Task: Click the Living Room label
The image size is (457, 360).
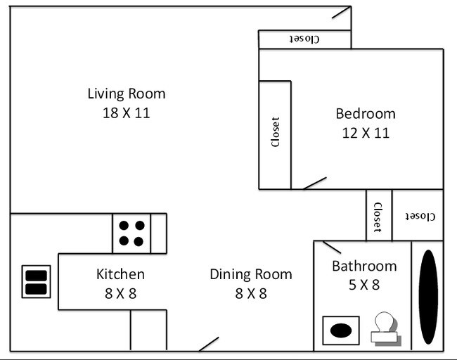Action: click(x=127, y=93)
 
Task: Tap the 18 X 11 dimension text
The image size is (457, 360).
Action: click(x=127, y=112)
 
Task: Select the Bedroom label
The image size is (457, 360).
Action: click(x=365, y=113)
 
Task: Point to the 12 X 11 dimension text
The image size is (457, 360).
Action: click(x=365, y=133)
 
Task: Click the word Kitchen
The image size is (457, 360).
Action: click(x=120, y=274)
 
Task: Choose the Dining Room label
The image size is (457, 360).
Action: click(x=250, y=274)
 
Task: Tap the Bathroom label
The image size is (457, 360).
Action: click(x=364, y=266)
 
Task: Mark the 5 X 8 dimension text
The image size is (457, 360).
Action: click(x=364, y=285)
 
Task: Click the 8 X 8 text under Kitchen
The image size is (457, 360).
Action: click(x=120, y=293)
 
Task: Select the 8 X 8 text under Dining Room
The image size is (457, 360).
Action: click(x=250, y=293)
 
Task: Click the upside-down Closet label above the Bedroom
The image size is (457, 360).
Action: click(x=304, y=39)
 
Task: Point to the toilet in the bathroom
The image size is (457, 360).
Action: click(x=384, y=328)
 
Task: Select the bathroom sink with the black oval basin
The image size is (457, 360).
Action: click(x=340, y=330)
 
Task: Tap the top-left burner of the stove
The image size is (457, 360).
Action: click(x=124, y=226)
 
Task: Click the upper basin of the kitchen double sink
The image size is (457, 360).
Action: click(x=36, y=276)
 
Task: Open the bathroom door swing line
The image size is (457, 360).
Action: click(x=331, y=247)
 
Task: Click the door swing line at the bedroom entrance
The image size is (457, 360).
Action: click(x=314, y=183)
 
